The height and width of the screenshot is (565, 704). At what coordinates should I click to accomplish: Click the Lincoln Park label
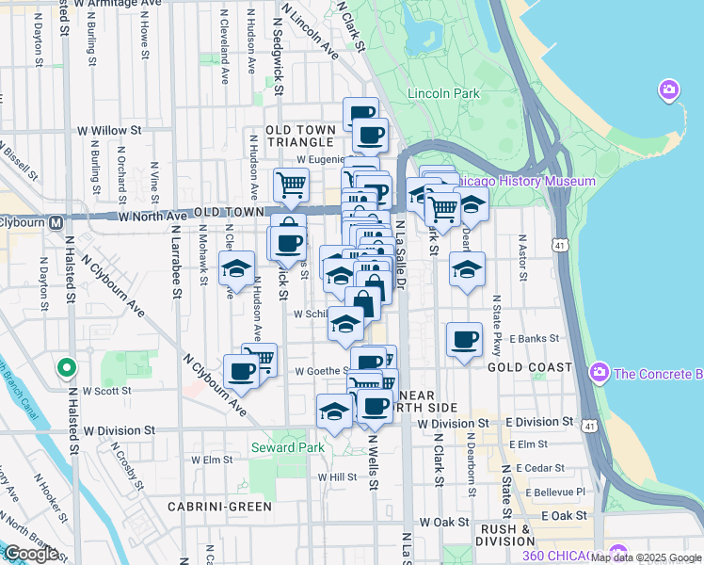pos(444,93)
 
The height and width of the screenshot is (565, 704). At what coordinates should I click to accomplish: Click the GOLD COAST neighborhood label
pos(529,367)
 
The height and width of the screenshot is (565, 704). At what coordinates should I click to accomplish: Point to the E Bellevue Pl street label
pos(556,492)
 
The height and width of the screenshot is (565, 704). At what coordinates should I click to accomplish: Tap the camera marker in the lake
pos(669,90)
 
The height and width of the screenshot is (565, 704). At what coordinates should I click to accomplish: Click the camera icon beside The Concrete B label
pos(599,374)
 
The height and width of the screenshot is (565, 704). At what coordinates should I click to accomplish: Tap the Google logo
pos(30,554)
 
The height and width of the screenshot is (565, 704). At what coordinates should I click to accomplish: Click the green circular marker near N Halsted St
pos(66,367)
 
